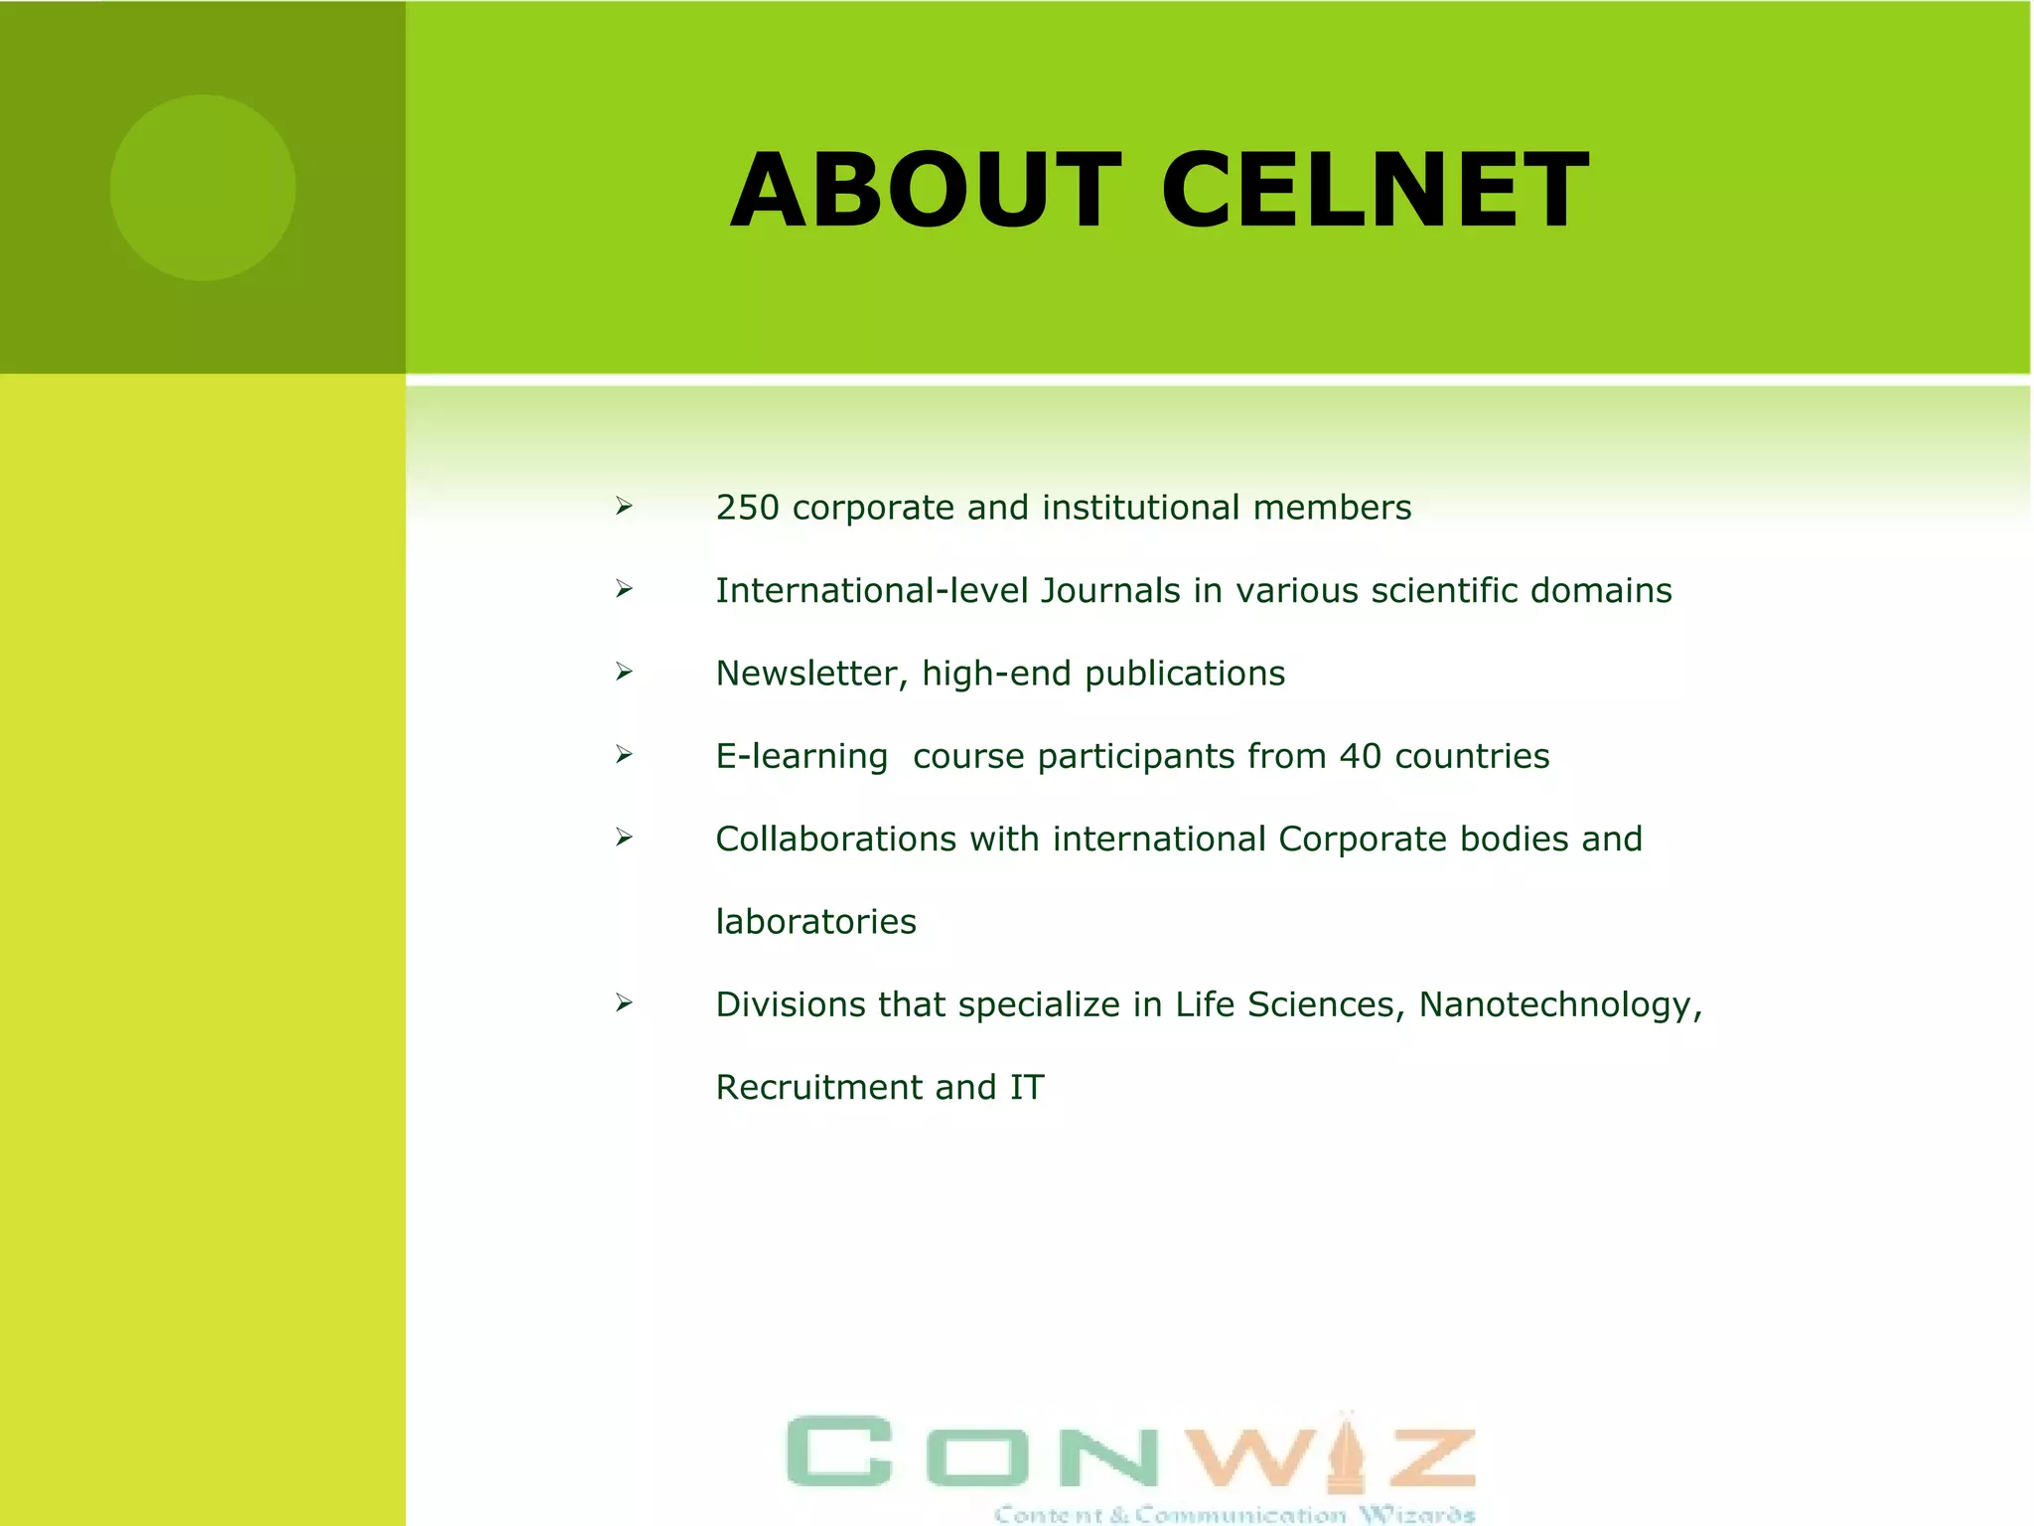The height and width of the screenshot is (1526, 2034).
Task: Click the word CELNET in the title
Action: click(x=1375, y=190)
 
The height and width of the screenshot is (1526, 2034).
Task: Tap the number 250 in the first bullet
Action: click(x=747, y=508)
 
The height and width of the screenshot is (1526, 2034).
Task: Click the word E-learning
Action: click(x=801, y=757)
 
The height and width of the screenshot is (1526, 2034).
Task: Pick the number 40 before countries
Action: click(x=1360, y=757)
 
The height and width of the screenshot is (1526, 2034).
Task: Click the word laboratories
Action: click(x=815, y=922)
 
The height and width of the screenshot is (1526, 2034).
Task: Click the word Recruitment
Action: click(x=813, y=1088)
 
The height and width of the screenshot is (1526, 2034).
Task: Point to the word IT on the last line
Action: click(x=1027, y=1088)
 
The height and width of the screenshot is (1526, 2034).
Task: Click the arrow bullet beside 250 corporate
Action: click(x=624, y=507)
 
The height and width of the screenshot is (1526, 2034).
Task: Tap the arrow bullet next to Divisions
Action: click(x=624, y=1003)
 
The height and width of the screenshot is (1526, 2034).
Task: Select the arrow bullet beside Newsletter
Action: click(x=624, y=673)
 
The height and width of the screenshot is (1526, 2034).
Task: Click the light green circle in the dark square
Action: click(x=203, y=188)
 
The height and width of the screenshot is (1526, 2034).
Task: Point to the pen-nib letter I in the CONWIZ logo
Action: click(x=1346, y=1451)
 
